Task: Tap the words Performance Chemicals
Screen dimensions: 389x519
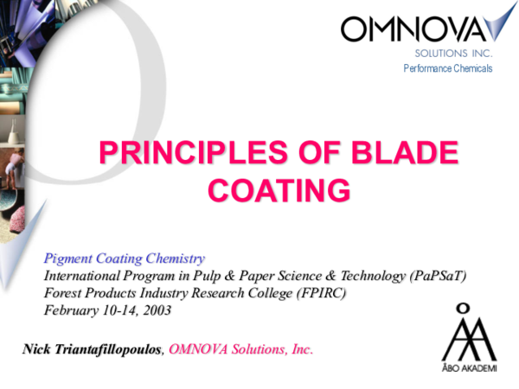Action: point(447,68)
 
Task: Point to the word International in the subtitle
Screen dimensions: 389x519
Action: point(81,276)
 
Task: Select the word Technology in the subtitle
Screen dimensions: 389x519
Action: point(359,276)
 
